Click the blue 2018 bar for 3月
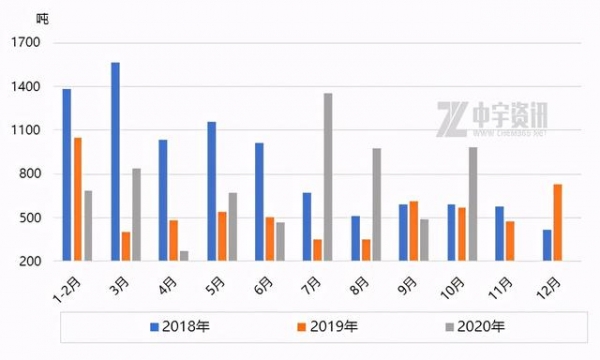point(115,161)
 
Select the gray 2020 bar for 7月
point(328,177)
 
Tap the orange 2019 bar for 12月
point(557,222)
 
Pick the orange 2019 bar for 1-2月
point(77,199)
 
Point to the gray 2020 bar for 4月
point(184,256)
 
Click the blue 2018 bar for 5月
point(211,191)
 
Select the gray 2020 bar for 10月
point(473,204)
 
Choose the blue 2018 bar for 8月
point(355,238)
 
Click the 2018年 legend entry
point(180,326)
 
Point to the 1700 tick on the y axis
point(26,43)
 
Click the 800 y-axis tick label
point(29,174)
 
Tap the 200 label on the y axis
point(29,261)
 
